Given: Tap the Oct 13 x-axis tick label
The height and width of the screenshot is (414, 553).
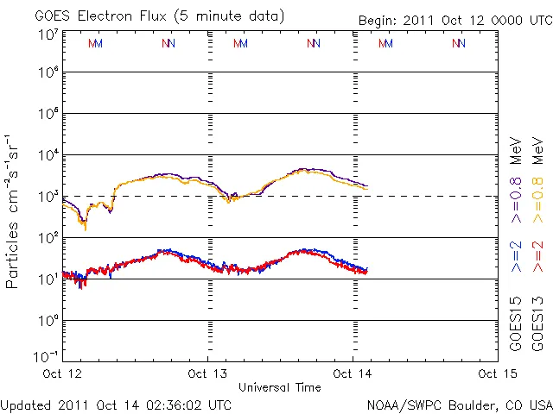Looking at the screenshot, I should click(207, 373).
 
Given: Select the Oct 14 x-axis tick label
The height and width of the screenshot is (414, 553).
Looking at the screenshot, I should click(353, 373).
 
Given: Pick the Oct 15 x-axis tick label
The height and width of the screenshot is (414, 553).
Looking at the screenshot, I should click(494, 373).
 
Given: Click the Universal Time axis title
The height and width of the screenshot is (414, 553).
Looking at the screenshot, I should click(279, 387).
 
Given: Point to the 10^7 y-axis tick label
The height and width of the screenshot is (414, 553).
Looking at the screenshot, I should click(48, 34).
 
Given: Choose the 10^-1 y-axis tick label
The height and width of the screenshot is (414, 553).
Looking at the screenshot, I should click(47, 356).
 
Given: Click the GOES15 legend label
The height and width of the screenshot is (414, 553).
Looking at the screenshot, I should click(516, 325).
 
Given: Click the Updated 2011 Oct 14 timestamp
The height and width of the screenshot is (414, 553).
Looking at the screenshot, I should click(117, 404).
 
